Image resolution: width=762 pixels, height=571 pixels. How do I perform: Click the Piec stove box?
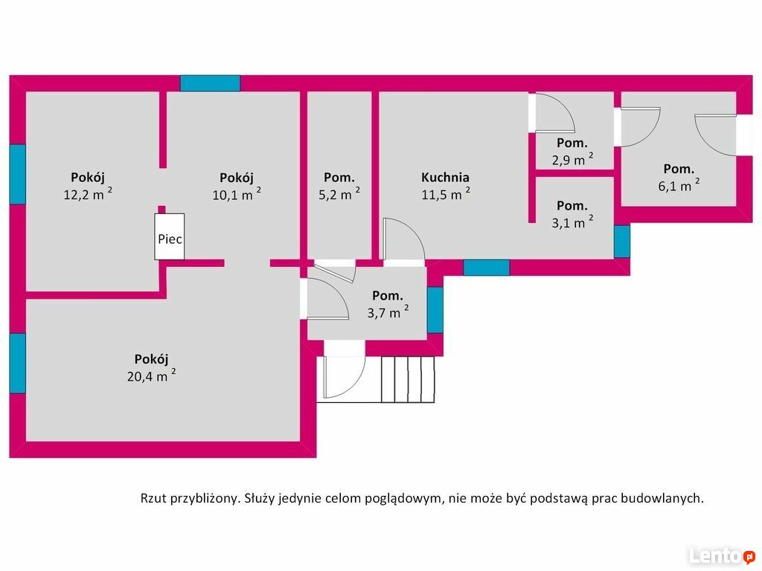point(170,237)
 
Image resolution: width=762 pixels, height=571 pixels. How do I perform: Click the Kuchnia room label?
point(445,178)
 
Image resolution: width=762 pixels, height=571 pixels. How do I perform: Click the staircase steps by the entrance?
point(408,379)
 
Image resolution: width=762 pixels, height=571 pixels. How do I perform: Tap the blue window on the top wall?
point(210,83)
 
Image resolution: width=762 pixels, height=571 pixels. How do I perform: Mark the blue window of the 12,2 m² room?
point(17,174)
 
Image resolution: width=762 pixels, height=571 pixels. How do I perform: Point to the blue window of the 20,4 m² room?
point(17,363)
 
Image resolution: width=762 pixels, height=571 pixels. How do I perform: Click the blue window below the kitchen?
point(487,268)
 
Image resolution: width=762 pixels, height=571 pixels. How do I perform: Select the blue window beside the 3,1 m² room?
point(622,242)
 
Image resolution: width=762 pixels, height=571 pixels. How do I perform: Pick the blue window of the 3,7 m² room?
point(435,309)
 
